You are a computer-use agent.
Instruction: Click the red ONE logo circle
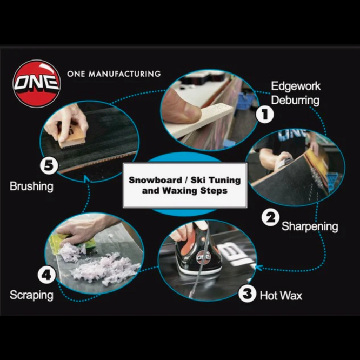click(x=37, y=84)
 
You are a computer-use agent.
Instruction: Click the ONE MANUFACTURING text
click(x=114, y=74)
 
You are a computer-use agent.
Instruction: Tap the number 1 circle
click(x=265, y=114)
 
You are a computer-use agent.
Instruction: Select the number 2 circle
click(x=270, y=217)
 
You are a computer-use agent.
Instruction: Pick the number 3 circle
click(x=247, y=294)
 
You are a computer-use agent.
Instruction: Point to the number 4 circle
click(x=46, y=275)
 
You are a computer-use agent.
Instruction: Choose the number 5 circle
click(x=49, y=165)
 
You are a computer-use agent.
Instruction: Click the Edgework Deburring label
click(x=296, y=93)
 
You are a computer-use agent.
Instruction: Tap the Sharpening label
click(x=310, y=226)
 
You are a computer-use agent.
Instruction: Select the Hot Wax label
click(x=281, y=296)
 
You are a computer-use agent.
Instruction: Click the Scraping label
click(x=31, y=295)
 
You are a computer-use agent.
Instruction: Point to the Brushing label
click(x=31, y=186)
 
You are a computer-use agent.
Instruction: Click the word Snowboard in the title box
click(x=155, y=180)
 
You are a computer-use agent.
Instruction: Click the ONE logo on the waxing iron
click(x=203, y=257)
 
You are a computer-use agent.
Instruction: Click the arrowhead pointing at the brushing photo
click(x=86, y=178)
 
